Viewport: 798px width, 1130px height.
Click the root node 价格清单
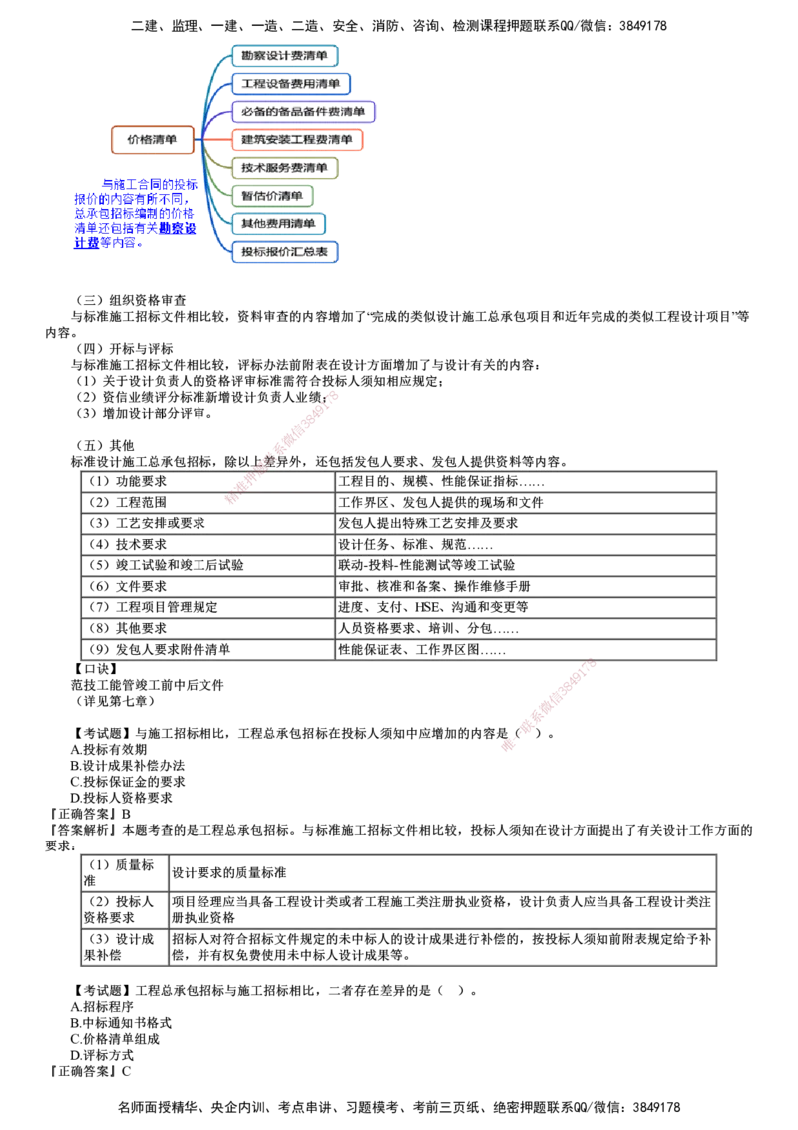(x=151, y=140)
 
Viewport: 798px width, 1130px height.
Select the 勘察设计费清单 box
(x=286, y=55)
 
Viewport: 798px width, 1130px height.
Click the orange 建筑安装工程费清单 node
(x=299, y=140)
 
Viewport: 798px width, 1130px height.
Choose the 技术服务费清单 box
(x=287, y=167)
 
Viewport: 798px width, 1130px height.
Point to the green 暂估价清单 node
(x=274, y=195)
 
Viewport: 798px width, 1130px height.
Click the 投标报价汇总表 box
(x=288, y=251)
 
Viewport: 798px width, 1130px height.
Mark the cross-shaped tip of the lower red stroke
(x=509, y=744)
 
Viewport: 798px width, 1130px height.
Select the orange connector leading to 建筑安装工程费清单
(x=219, y=139)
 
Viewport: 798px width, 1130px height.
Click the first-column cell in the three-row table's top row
(x=122, y=870)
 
